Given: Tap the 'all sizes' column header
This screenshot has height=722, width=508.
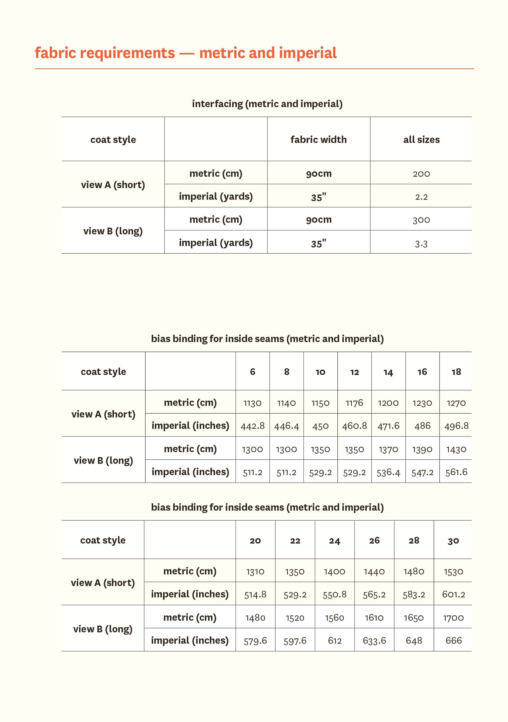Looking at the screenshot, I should coord(421,139).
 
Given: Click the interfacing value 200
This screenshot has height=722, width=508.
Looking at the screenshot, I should coord(421,174).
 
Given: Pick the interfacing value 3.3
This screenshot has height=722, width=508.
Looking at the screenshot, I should coord(421,244).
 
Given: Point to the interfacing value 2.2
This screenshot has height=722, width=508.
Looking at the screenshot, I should coord(421,197).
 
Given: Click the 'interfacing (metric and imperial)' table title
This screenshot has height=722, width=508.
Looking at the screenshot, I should coord(267,104).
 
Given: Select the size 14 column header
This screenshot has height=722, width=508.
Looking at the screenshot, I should coord(388,372).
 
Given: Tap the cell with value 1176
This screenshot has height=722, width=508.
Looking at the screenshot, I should coord(354,403).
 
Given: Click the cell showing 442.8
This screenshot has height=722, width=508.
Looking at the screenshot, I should coord(253,426).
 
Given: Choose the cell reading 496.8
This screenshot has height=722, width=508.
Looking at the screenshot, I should coord(456,426).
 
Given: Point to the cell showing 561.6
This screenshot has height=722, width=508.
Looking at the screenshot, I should coord(456,472).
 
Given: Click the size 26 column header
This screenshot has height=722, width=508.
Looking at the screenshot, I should coord(374,541).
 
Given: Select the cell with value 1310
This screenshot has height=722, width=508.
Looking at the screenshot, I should coord(255,571).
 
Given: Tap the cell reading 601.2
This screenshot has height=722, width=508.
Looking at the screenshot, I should coord(453,594).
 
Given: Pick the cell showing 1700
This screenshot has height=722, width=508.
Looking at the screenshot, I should coord(453,618).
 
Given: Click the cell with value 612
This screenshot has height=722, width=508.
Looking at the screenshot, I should coord(335,640).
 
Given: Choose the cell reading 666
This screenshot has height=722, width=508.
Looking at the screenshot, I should coord(453,640).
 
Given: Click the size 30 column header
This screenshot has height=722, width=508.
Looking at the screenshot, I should coord(453,541).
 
